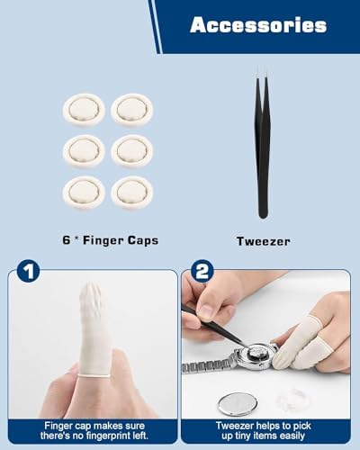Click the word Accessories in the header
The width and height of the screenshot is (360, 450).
click(x=258, y=25)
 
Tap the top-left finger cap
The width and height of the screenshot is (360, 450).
click(x=84, y=109)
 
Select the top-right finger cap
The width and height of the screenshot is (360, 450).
click(x=132, y=109)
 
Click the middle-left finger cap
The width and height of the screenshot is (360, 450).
click(x=84, y=150)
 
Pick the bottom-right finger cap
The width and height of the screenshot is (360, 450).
click(x=132, y=192)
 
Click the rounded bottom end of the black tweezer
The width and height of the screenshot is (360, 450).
click(x=263, y=214)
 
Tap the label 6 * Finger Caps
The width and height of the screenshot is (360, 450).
click(x=110, y=240)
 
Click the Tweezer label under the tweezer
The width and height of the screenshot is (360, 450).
click(x=264, y=241)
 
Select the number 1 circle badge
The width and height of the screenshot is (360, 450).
click(x=29, y=271)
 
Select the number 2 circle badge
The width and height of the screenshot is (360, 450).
click(x=202, y=271)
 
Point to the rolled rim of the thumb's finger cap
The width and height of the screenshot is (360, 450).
click(x=94, y=375)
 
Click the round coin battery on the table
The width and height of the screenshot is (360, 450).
click(x=238, y=404)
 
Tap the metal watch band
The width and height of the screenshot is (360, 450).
click(x=208, y=364)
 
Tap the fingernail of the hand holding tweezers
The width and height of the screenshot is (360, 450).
click(x=207, y=310)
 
